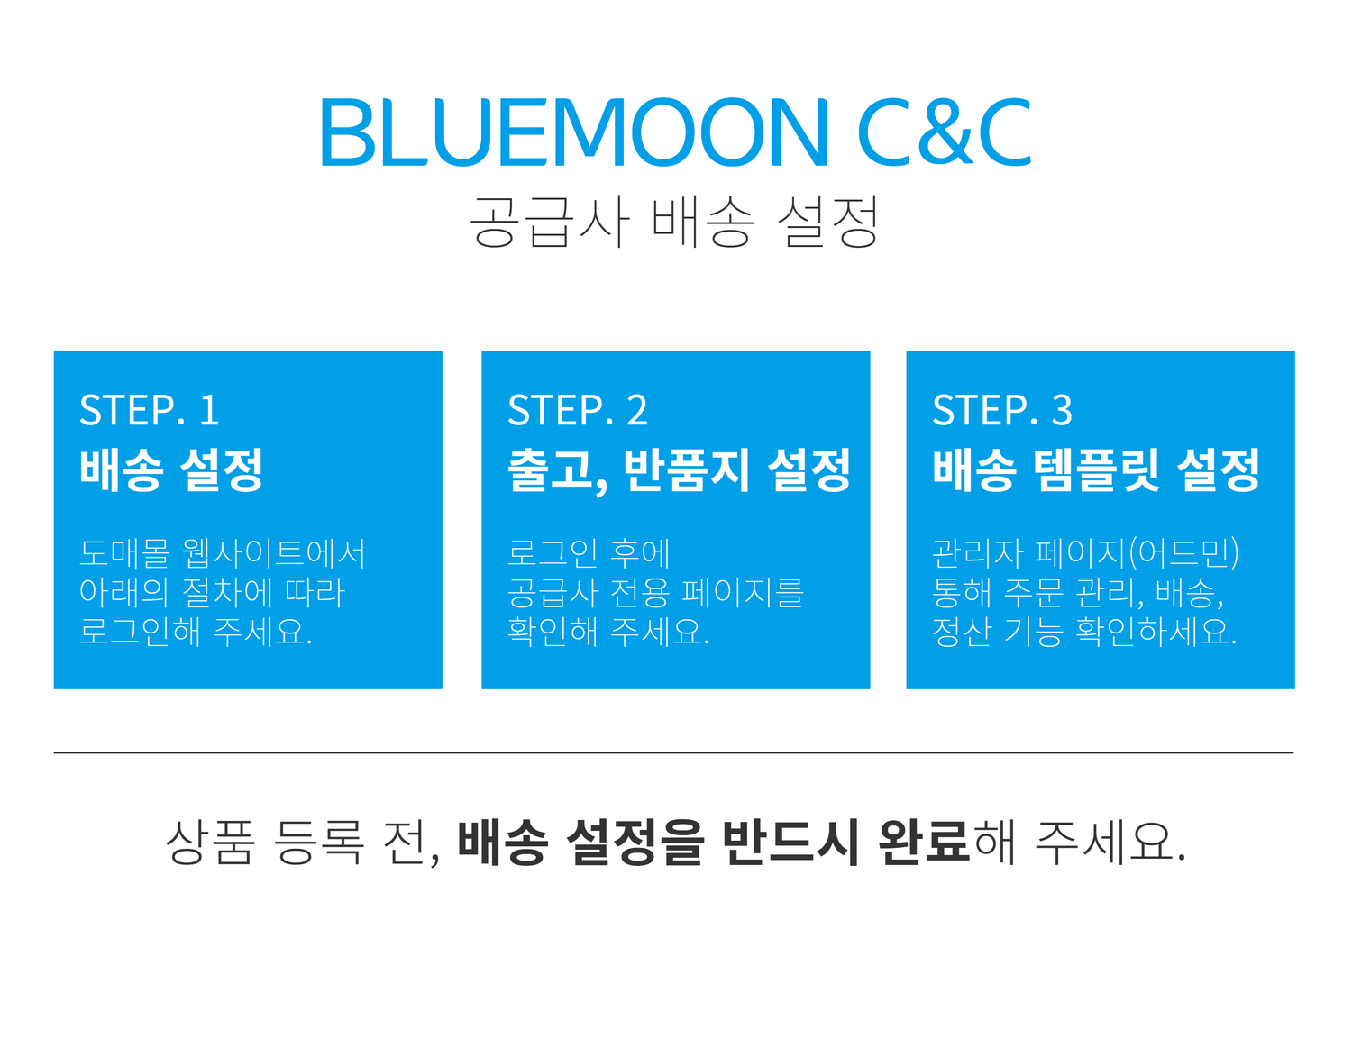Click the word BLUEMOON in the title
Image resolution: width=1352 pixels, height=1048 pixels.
573,133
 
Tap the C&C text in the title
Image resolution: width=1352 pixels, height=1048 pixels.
944,133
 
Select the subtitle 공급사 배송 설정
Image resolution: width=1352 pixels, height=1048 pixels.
674,222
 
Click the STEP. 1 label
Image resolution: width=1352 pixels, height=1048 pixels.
150,411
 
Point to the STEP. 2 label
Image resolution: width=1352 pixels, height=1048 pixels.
578,411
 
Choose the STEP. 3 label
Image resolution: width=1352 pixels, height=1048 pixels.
1002,411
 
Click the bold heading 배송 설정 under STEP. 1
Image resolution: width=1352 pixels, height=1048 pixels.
171,469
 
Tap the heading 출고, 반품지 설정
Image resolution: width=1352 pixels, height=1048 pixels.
679,469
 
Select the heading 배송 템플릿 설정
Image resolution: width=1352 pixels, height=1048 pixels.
1096,469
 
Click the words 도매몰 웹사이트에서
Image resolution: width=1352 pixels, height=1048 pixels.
223,553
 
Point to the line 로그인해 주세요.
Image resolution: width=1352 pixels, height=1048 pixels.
196,631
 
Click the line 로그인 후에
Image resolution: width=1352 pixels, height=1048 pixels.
589,553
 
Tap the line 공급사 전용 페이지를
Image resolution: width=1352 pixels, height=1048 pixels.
655,592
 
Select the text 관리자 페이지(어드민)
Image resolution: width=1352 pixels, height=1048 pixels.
1085,553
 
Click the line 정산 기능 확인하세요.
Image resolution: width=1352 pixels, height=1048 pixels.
1084,631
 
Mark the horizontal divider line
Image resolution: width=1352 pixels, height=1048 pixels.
673,752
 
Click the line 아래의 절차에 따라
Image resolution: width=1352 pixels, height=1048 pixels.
213,592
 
